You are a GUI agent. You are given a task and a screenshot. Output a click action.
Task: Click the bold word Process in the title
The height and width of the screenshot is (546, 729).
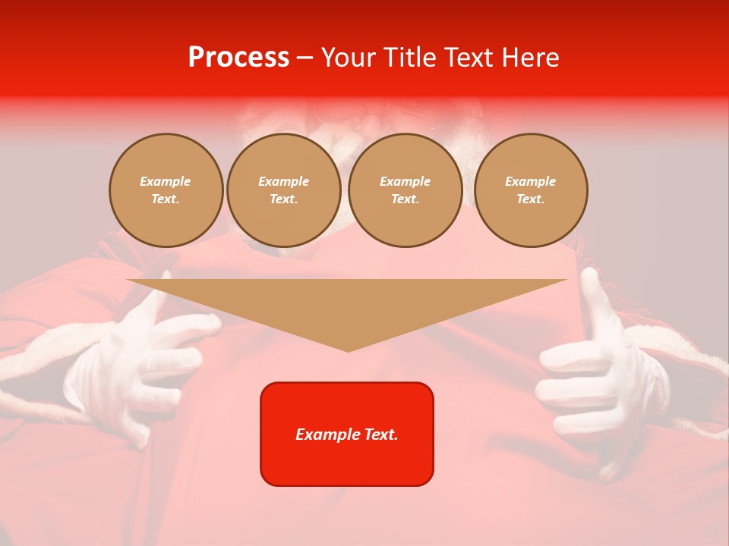pos(238,58)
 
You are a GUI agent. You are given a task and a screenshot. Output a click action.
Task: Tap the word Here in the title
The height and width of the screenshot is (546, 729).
pos(529,58)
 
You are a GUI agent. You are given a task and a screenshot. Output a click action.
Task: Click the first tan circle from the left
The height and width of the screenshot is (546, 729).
pos(166,190)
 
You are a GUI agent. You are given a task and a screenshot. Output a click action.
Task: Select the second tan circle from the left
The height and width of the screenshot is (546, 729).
pos(284,190)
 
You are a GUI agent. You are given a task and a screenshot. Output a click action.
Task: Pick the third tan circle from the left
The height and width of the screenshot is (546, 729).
pos(406,190)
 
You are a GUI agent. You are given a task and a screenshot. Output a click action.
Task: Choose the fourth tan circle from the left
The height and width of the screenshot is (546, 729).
pos(531,190)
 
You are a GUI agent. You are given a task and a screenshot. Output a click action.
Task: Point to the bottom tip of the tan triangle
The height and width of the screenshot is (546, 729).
pos(348,351)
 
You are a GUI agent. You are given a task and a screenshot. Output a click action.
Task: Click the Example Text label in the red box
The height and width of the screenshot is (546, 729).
pos(347,435)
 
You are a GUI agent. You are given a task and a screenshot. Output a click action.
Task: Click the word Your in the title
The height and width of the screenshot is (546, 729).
pos(349,58)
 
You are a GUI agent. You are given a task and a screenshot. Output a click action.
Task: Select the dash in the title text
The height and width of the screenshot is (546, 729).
pos(305,58)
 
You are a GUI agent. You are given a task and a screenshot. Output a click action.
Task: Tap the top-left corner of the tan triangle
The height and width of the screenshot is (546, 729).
pos(128,280)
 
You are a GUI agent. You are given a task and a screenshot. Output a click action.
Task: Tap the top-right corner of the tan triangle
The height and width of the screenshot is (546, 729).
pos(566,280)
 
